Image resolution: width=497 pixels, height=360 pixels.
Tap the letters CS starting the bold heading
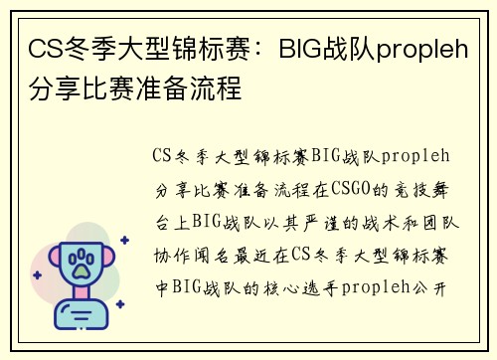42,47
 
